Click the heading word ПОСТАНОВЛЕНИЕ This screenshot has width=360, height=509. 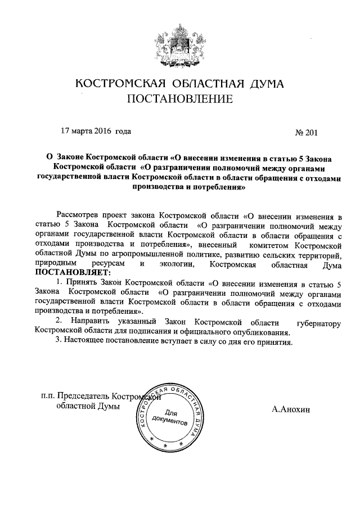pyautogui.click(x=180, y=100)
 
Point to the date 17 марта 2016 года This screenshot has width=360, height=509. pyautogui.click(x=96, y=132)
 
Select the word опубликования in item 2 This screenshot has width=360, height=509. pyautogui.click(x=262, y=332)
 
